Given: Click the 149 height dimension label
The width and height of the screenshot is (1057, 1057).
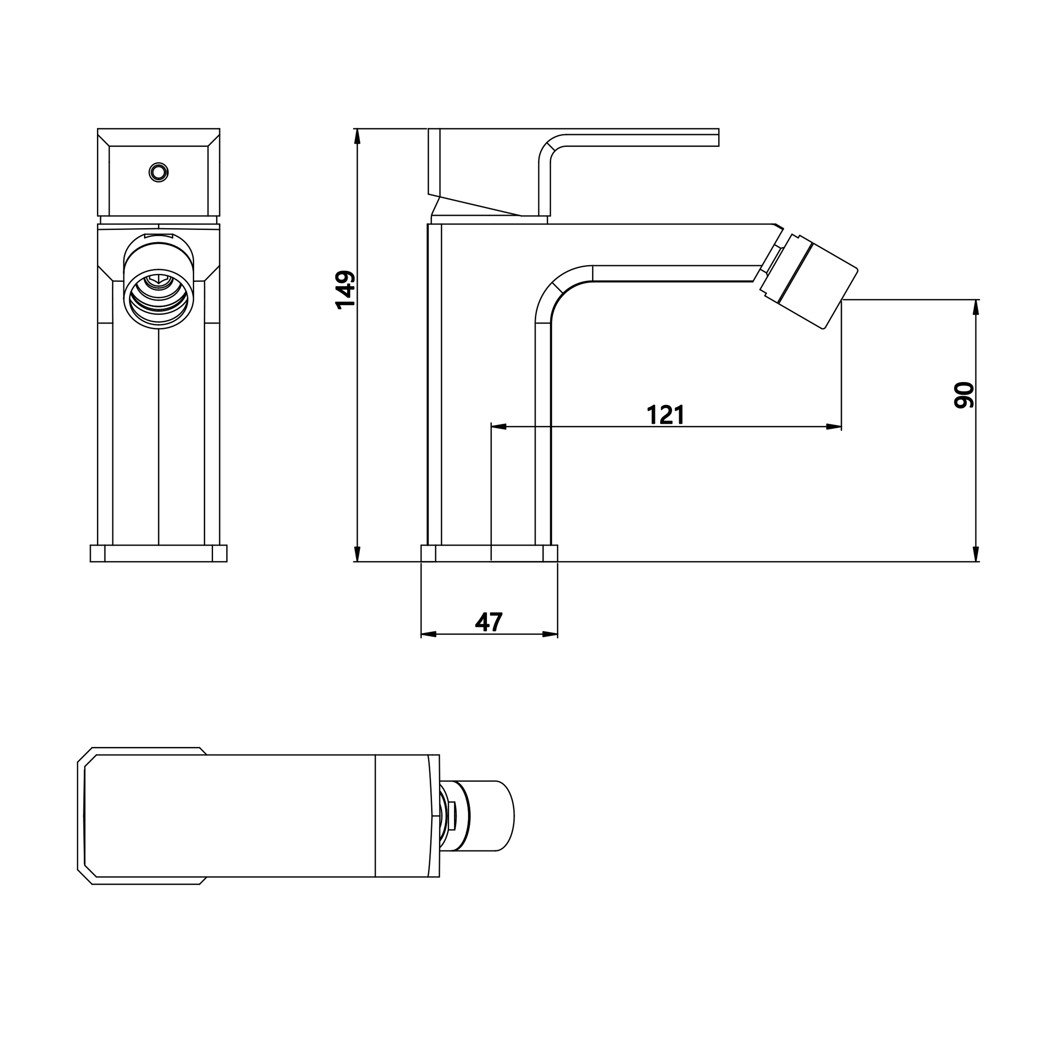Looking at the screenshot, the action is (345, 290).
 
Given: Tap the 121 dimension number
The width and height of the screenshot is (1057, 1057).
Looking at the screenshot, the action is (665, 415).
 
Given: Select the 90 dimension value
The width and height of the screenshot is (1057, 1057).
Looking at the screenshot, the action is (963, 395).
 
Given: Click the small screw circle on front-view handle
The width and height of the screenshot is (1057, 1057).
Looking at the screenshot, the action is (159, 172).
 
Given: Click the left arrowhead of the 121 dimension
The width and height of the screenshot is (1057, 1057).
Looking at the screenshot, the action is (499, 427).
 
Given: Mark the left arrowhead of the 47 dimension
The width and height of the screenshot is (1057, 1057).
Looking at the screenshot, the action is (429, 634).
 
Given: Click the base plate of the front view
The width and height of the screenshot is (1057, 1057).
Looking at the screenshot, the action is (159, 553).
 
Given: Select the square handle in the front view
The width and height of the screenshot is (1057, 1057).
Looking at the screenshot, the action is (159, 172).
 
